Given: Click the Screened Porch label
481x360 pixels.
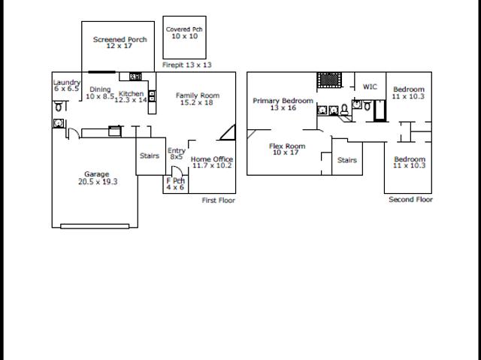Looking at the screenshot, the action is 120,39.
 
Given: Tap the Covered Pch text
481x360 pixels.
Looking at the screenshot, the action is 184,29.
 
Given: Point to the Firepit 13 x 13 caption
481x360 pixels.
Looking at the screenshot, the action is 187,65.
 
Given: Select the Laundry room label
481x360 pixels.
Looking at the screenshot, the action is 67,82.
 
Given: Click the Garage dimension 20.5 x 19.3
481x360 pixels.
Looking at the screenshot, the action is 98,182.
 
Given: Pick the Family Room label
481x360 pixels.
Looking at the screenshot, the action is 198,95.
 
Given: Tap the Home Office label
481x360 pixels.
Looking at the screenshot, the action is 212,159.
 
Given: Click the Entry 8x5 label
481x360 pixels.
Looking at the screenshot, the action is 177,153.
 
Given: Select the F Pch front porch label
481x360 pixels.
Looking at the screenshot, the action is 175,180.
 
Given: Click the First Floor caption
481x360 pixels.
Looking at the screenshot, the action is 219,200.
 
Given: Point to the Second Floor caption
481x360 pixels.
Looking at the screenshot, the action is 410,199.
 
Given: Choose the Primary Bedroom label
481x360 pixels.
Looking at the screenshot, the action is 283,101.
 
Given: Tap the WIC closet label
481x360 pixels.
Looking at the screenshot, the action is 370,86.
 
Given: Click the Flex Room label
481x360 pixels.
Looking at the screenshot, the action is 287,146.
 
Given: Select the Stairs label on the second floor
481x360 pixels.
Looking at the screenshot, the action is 347,160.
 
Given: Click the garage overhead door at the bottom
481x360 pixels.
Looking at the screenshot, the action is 95,226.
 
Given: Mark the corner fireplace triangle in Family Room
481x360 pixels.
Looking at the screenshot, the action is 228,132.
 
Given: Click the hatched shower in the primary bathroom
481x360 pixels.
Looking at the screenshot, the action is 329,80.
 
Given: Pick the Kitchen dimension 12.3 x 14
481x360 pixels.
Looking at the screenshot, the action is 131,100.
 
